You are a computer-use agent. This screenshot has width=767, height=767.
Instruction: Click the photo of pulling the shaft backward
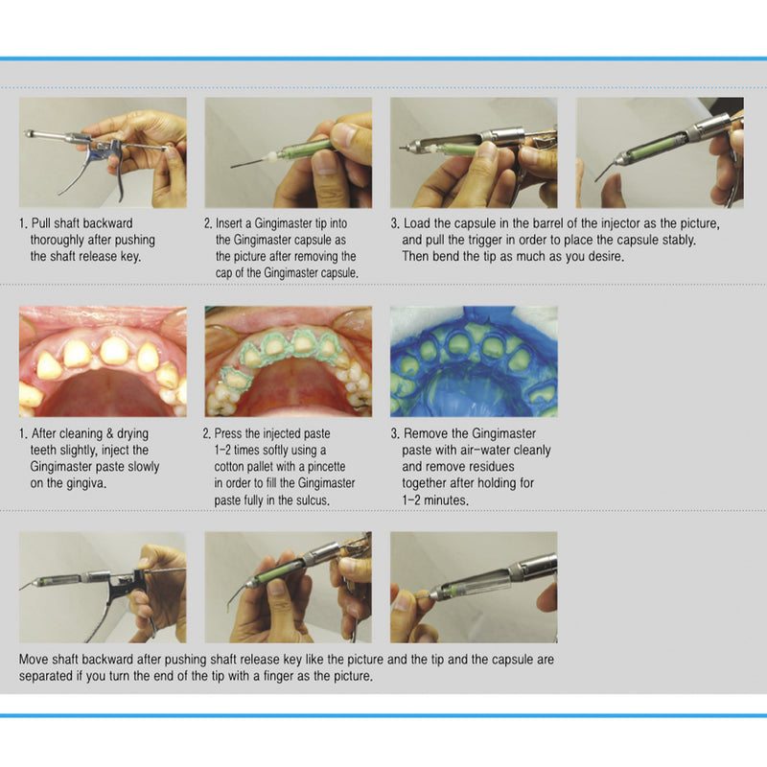tap(103, 152)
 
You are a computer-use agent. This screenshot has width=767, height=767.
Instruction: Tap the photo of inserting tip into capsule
tap(288, 152)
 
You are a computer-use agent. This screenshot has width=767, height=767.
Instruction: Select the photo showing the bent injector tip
tap(659, 152)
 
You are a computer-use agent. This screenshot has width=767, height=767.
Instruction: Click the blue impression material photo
tap(474, 361)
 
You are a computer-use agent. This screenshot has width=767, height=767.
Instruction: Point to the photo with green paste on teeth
tap(288, 361)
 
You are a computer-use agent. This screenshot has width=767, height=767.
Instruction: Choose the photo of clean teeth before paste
tap(103, 361)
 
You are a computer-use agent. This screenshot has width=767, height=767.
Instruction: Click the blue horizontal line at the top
tap(383, 58)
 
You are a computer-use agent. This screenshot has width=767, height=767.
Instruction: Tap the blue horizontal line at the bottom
tap(383, 715)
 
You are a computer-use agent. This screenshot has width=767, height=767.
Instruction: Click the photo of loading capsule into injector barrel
tap(474, 152)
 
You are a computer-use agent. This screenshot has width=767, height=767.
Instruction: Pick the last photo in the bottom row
tap(474, 587)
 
